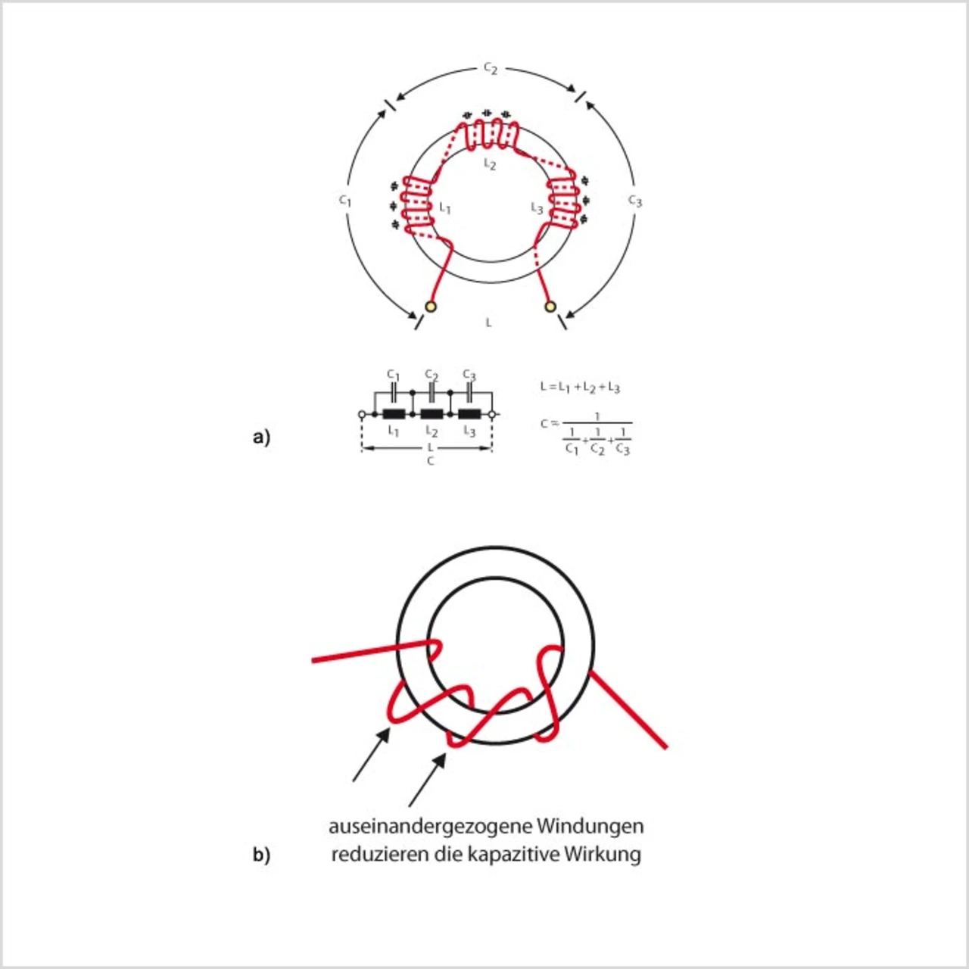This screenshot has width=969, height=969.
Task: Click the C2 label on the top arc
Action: (x=491, y=69)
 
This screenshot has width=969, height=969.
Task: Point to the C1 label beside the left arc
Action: (x=345, y=201)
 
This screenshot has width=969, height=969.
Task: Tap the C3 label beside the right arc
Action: (x=634, y=201)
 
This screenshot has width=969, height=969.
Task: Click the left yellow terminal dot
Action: (x=431, y=307)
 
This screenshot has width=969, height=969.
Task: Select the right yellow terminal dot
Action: (x=550, y=307)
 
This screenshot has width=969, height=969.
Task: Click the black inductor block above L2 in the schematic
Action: (x=432, y=414)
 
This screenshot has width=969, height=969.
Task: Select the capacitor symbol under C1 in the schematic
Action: (x=394, y=393)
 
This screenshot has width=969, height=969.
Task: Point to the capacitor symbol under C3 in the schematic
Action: (x=469, y=393)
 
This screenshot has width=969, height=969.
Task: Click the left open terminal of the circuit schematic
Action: (x=362, y=415)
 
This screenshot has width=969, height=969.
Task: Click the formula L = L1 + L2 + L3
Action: (x=580, y=388)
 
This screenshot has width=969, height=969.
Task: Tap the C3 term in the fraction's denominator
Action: (x=622, y=449)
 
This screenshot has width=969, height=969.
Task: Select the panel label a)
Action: (x=261, y=438)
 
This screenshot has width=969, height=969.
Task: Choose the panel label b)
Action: (x=261, y=855)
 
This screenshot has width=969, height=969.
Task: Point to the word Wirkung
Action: (x=604, y=855)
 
